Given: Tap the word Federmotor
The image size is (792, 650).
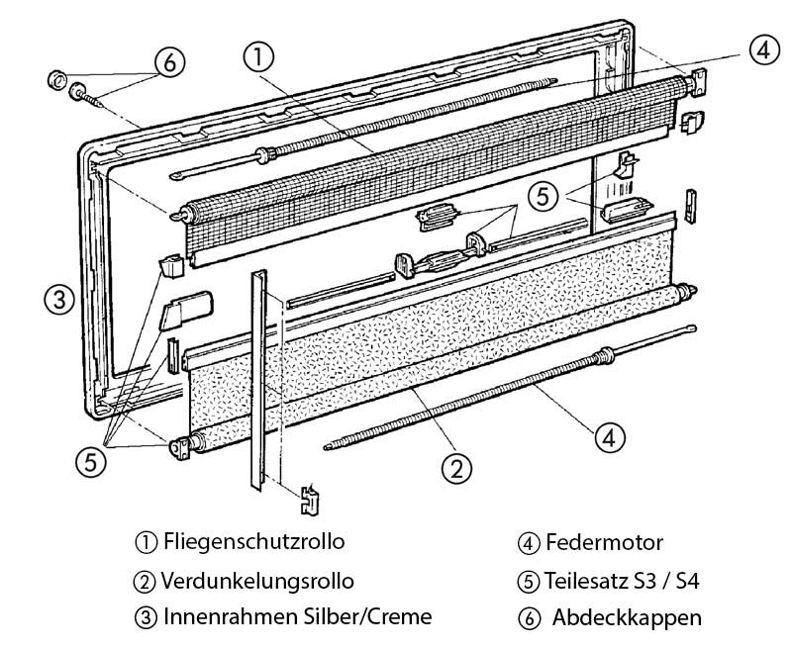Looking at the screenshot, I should pos(604,543).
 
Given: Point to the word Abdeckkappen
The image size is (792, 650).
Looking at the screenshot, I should pos(627,617).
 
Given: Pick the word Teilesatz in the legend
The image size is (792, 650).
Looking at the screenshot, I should pos(588,580).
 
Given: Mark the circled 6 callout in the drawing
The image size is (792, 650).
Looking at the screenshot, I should pos(168,62).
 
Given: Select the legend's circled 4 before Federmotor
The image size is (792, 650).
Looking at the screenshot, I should pos(527,543).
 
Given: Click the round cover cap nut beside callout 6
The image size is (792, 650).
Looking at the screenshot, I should pos(55,77).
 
